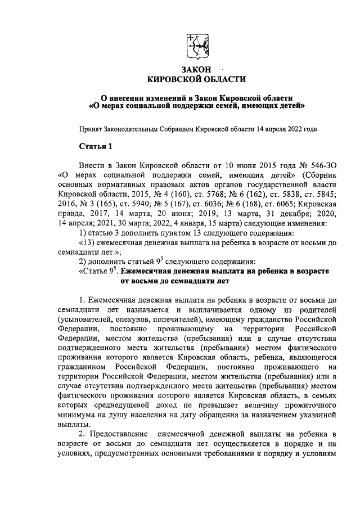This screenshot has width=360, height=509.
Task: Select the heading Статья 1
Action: (96, 147)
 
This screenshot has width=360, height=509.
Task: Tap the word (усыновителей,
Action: (89, 318)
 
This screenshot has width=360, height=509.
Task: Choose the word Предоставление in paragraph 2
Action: (122, 435)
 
